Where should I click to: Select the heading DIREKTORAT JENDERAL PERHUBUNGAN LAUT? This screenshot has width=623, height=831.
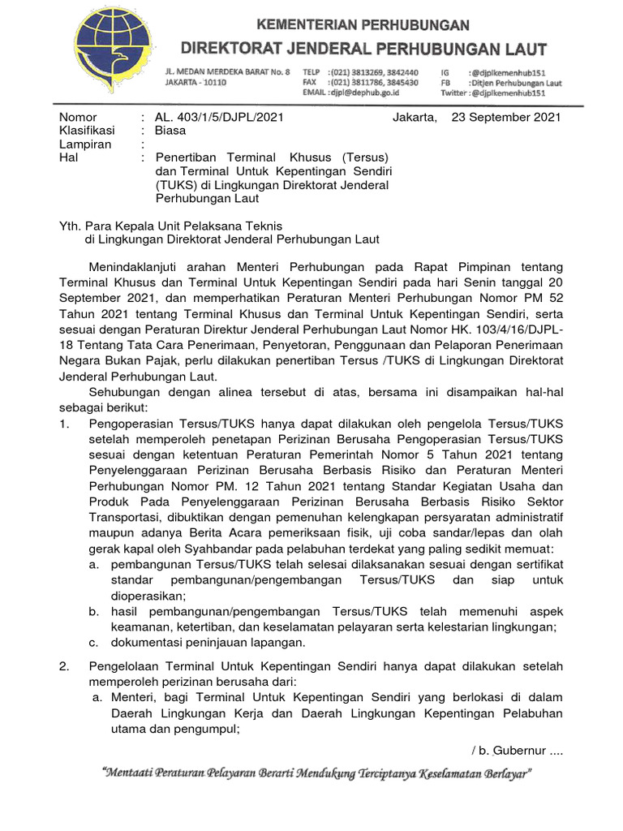pyautogui.click(x=363, y=48)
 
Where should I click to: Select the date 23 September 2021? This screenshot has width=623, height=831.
pyautogui.click(x=505, y=118)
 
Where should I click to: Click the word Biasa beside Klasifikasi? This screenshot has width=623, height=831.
pyautogui.click(x=170, y=131)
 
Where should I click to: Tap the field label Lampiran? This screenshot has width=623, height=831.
pyautogui.click(x=84, y=144)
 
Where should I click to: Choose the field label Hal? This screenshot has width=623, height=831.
pyautogui.click(x=68, y=157)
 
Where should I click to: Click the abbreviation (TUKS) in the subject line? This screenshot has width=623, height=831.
pyautogui.click(x=174, y=185)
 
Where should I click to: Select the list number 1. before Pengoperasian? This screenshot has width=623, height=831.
pyautogui.click(x=66, y=424)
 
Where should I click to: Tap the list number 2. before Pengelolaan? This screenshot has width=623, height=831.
pyautogui.click(x=66, y=666)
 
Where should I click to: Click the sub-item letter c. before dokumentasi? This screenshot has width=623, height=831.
pyautogui.click(x=94, y=642)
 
